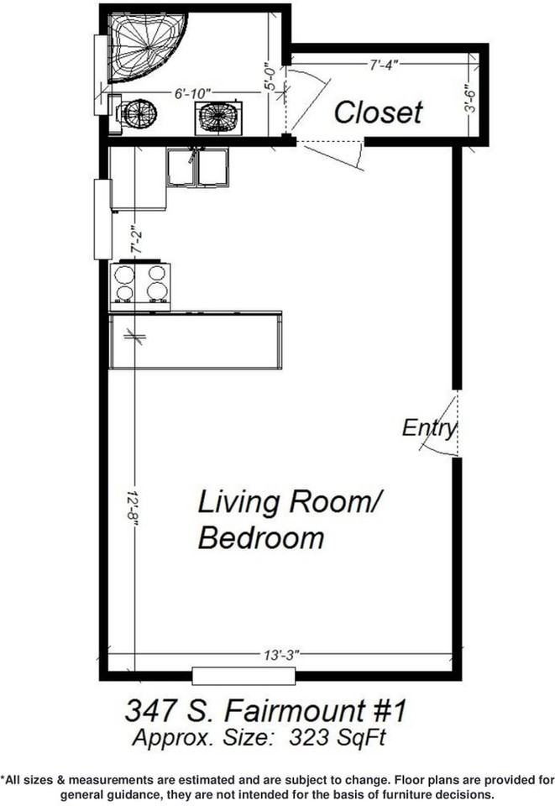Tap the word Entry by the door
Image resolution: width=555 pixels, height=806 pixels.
428,427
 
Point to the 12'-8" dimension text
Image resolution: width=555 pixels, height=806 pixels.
134,509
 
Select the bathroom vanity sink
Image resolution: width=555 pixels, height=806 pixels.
218,117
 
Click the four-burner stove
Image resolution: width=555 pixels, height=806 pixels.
140,283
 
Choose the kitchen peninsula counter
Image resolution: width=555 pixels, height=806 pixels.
195,340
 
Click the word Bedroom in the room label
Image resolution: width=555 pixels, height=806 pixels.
260,537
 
